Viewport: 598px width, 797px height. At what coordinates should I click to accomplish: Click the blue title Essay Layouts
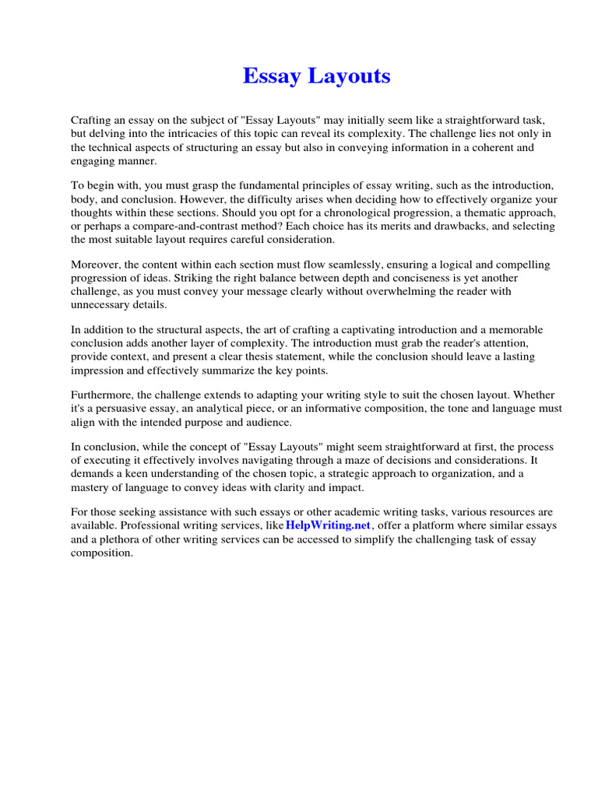[x=316, y=76]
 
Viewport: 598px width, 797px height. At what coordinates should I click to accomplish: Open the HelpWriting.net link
[x=327, y=525]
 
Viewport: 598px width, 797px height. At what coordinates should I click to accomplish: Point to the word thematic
[x=477, y=212]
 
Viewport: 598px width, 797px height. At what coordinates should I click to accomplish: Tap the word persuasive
[x=123, y=409]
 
